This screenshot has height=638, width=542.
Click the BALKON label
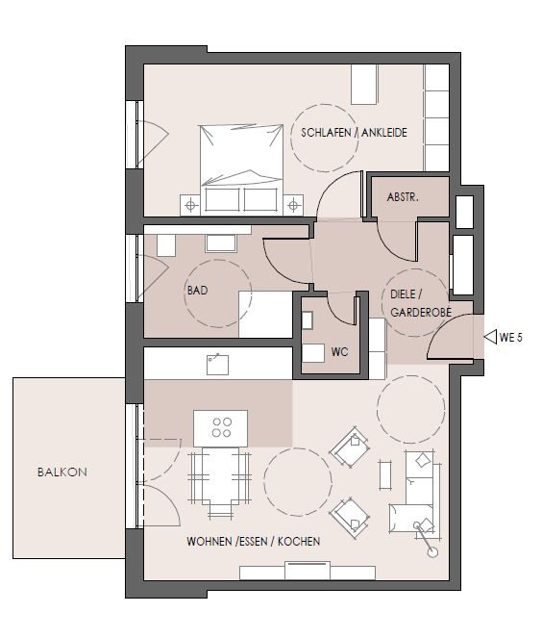coord(62,472)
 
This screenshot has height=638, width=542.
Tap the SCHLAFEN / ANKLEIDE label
coord(354,133)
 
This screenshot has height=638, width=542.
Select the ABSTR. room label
coord(403,197)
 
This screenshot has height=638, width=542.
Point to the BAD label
coord(197,290)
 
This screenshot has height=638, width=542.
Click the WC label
coord(339,351)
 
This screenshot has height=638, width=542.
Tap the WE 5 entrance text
coord(510,338)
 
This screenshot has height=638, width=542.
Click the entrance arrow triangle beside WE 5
coord(490,337)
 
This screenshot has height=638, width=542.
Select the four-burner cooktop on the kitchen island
coord(221,427)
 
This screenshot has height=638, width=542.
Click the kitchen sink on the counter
coord(217,365)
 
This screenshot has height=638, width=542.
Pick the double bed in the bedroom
coord(241,169)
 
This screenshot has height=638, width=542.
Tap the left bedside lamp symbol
coord(190,205)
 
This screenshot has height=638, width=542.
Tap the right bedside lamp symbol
coord(293,205)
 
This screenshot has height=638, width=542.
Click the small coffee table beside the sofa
coord(385,474)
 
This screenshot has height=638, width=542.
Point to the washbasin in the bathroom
coord(221,243)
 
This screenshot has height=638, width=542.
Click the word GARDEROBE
coord(421,312)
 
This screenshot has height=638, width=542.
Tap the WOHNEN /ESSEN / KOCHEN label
coord(253,541)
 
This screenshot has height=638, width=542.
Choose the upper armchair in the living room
coord(350,447)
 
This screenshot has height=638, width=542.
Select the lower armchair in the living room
coord(350,518)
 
